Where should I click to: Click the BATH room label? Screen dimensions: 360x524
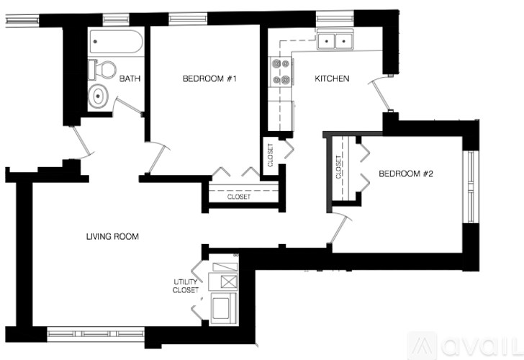(x=130, y=78)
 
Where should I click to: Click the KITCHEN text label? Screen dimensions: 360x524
(x=331, y=78)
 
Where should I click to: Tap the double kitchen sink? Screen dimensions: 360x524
(x=335, y=41)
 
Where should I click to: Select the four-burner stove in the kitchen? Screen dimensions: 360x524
(x=279, y=72)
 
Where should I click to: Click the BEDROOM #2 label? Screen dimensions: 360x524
(x=405, y=174)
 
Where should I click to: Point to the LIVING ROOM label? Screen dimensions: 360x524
(x=112, y=236)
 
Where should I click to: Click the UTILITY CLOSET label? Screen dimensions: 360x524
(x=185, y=286)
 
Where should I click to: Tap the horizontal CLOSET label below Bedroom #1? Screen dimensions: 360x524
(x=238, y=197)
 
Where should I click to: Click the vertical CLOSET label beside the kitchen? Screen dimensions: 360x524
(x=270, y=154)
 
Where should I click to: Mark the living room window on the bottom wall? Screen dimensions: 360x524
(x=95, y=334)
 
